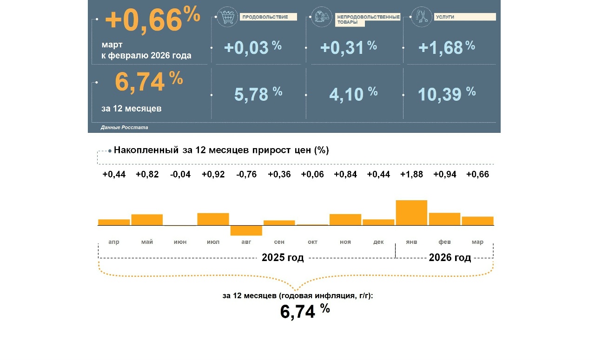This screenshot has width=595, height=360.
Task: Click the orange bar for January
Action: (x=411, y=213)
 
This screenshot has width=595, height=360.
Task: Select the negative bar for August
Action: (x=246, y=230)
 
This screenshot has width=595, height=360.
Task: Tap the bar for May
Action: (x=147, y=220)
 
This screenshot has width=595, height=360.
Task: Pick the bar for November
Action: (x=345, y=220)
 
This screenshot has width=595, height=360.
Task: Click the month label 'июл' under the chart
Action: (x=213, y=242)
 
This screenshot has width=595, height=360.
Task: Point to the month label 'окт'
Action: (x=312, y=242)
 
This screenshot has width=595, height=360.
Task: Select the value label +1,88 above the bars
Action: (x=412, y=175)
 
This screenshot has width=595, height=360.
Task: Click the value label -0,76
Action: (x=246, y=175)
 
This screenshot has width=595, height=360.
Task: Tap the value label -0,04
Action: (x=180, y=175)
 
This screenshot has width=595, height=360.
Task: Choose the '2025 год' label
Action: (x=283, y=258)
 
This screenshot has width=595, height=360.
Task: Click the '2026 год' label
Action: (x=450, y=258)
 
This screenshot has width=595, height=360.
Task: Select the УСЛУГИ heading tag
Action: (x=465, y=17)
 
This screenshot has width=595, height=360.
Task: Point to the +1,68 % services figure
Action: (x=446, y=47)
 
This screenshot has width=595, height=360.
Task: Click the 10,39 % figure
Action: (x=446, y=94)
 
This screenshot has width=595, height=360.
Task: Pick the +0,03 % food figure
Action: (x=253, y=47)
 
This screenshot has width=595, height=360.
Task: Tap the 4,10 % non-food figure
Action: (x=353, y=94)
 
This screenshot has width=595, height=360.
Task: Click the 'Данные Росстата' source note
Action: (x=124, y=127)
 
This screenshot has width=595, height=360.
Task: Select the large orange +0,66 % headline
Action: (x=152, y=21)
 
